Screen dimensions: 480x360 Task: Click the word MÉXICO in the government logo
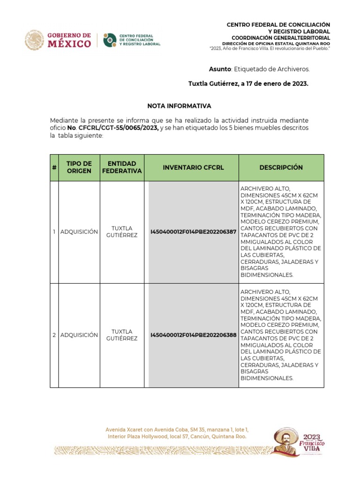click(x=69, y=44)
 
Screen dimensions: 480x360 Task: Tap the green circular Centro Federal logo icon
click(x=110, y=40)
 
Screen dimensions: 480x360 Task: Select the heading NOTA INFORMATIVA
click(x=180, y=106)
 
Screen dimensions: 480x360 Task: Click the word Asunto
click(x=220, y=69)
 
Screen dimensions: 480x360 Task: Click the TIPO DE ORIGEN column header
click(x=79, y=167)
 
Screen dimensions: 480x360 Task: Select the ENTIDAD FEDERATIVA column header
click(x=122, y=167)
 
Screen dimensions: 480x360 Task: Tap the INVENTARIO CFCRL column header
click(x=193, y=167)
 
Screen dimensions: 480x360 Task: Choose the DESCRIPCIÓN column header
click(x=281, y=167)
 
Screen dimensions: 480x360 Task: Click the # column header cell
click(x=54, y=167)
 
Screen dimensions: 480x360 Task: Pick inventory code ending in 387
click(x=193, y=232)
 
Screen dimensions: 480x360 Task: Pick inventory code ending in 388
click(x=193, y=335)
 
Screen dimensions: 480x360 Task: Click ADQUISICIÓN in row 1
click(x=79, y=232)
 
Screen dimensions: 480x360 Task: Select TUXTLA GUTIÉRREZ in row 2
click(x=122, y=335)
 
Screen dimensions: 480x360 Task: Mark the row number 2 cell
click(x=54, y=335)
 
